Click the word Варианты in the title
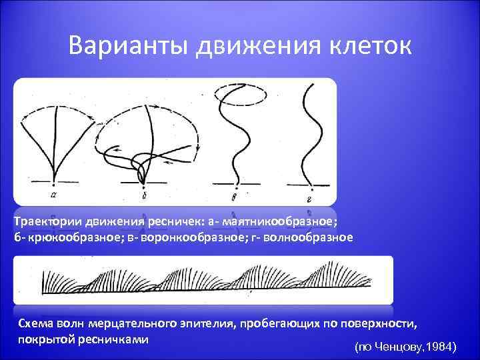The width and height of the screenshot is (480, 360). click(x=127, y=46)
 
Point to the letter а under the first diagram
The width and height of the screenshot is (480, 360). click(x=53, y=195)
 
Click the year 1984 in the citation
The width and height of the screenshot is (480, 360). click(x=440, y=347)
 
